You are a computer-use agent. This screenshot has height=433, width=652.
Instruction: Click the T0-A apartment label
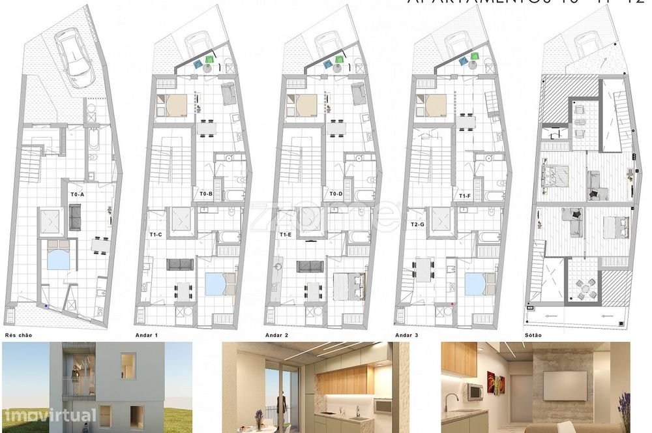[78, 194]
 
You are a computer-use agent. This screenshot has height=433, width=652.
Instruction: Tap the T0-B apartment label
[206, 194]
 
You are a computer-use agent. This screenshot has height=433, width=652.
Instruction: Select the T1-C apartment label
[156, 234]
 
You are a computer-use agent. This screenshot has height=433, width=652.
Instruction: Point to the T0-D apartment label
[336, 194]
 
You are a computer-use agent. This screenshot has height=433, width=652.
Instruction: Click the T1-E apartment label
[286, 234]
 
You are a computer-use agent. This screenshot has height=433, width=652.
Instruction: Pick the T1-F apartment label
[465, 194]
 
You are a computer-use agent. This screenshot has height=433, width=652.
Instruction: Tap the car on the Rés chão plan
[72, 55]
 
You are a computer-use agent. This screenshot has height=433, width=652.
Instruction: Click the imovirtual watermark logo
[50, 415]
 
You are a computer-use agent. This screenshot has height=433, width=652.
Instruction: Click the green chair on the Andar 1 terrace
[209, 59]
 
